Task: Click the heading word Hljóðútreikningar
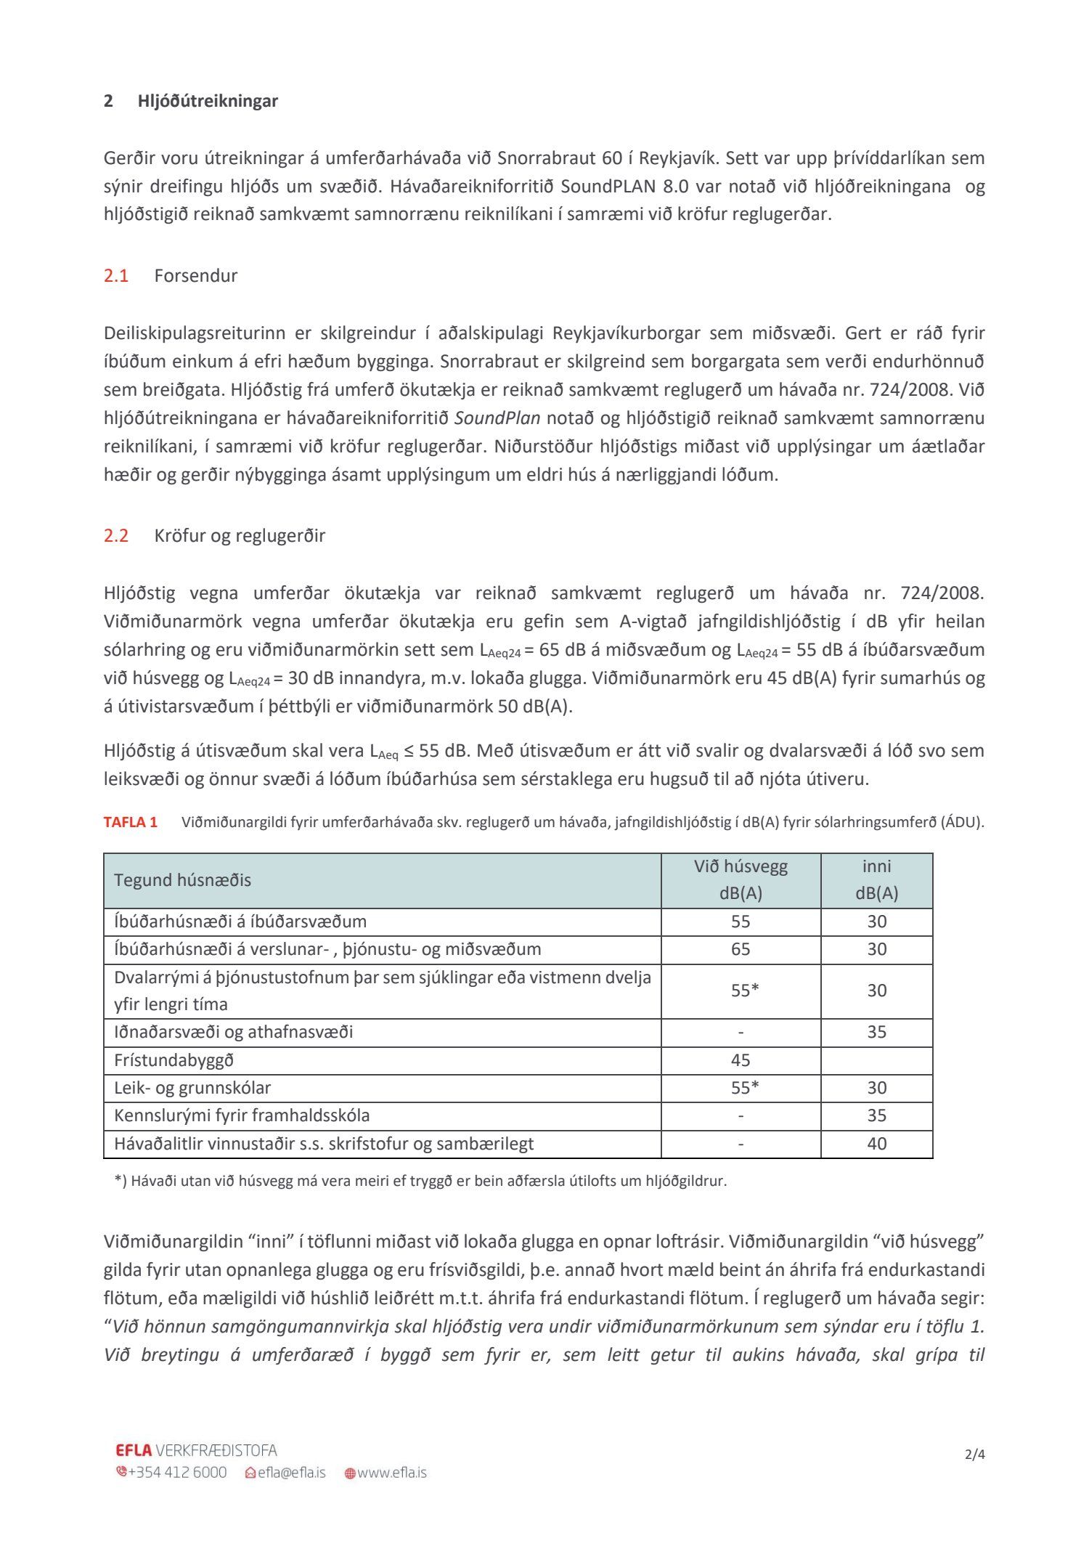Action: pos(208,101)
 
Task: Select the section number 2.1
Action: pos(116,276)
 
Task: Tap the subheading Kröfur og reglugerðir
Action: pos(240,536)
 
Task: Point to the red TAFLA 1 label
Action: pos(131,822)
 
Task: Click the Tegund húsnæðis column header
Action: pos(182,880)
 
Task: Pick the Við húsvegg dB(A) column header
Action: pos(741,880)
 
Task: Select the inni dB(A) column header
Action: pos(876,880)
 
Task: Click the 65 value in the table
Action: pos(741,949)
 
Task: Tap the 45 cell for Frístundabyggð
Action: pos(741,1060)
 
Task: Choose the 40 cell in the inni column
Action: pos(876,1144)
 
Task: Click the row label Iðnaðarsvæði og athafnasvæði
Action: pos(233,1032)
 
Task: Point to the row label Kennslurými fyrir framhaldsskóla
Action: pos(242,1115)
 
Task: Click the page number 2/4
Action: pos(974,1455)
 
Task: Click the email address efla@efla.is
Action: pos(291,1473)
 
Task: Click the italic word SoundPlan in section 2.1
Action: pos(497,418)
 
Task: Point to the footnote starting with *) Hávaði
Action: pos(420,1181)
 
